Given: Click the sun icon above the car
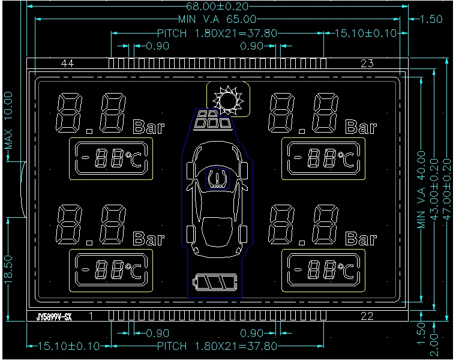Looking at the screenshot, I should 229,100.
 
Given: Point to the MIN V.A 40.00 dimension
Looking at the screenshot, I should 421,190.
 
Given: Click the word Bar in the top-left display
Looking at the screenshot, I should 148,127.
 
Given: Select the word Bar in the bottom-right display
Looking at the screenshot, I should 361,239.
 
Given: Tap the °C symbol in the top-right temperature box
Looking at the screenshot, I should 344,158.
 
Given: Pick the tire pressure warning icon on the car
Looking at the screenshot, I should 216,179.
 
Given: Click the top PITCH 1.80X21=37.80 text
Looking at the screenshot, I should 217,33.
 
